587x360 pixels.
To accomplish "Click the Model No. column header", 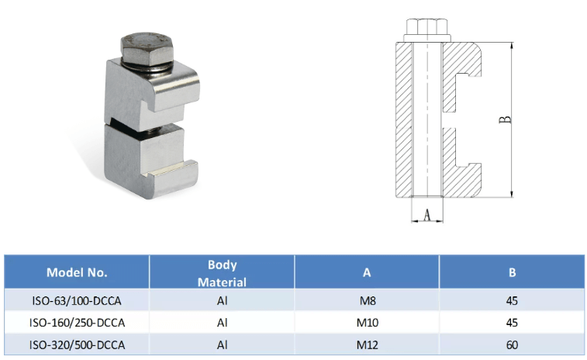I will point(77,272).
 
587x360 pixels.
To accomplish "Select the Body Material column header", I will point(222,273).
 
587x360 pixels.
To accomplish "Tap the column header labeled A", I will point(366,272).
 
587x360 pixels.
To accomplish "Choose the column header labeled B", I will point(512,272).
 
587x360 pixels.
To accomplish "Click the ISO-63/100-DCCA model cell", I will point(77,299).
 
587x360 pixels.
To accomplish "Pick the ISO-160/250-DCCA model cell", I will point(77,322).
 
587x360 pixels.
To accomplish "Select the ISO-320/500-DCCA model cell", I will point(77,344).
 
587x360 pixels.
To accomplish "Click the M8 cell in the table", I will point(366,299).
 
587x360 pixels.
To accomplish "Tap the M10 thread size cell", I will point(366,322).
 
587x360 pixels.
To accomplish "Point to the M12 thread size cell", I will point(366,344).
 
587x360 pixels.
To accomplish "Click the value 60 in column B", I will point(512,344).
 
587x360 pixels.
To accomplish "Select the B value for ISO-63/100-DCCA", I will point(512,299).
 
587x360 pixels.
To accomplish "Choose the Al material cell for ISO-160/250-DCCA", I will point(222,322).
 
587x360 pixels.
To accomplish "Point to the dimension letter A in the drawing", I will point(426,215).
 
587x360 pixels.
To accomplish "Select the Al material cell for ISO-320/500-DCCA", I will point(222,344).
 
